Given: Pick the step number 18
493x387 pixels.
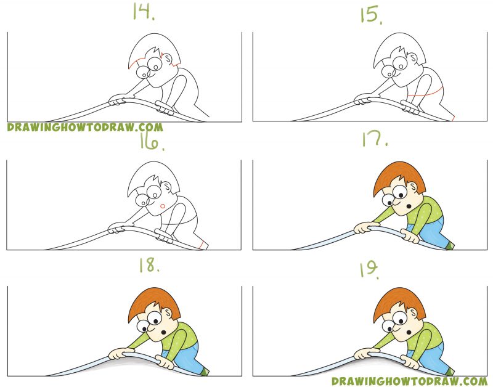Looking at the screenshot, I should pos(149,267).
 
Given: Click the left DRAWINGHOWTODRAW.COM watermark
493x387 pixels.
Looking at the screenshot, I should pos(85,128).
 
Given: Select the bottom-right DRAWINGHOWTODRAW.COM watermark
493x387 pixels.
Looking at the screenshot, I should pos(409,381).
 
